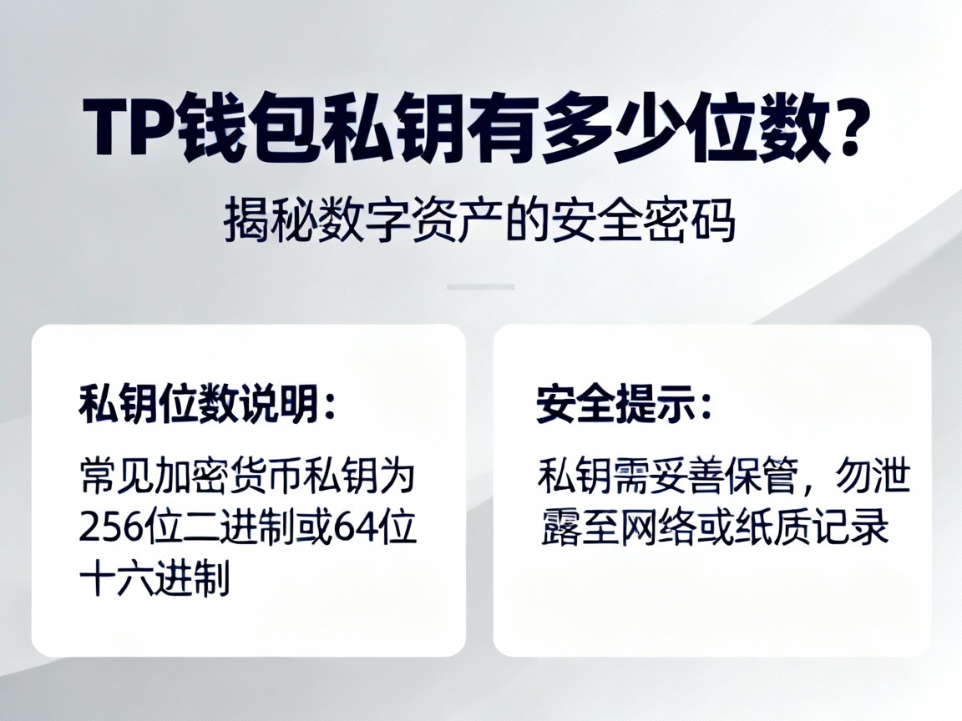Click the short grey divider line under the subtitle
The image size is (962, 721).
click(x=480, y=286)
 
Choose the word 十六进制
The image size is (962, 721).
click(x=154, y=577)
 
